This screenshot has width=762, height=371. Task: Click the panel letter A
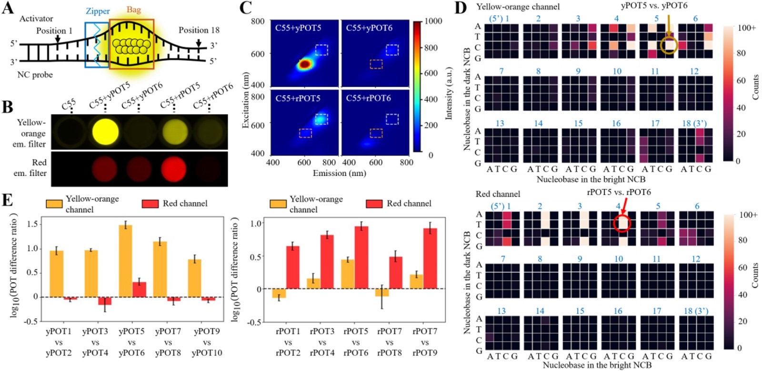(x=8, y=8)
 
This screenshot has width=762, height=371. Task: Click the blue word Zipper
(x=98, y=12)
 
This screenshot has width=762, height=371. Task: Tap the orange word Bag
(x=134, y=10)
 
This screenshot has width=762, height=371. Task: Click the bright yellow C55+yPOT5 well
(x=106, y=132)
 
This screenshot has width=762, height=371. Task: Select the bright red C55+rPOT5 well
(x=174, y=168)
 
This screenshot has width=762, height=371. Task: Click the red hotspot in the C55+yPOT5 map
(x=304, y=64)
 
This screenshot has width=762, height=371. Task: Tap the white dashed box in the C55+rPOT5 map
(x=321, y=119)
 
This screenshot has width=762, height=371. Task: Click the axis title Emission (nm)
(x=340, y=173)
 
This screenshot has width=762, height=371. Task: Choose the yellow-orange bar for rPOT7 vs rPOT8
(x=382, y=293)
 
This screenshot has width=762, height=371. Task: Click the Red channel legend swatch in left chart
(x=150, y=204)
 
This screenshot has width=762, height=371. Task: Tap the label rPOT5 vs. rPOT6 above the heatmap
(x=619, y=192)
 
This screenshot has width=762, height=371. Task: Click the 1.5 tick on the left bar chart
(x=33, y=225)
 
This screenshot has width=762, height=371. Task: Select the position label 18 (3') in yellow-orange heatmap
(x=694, y=123)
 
